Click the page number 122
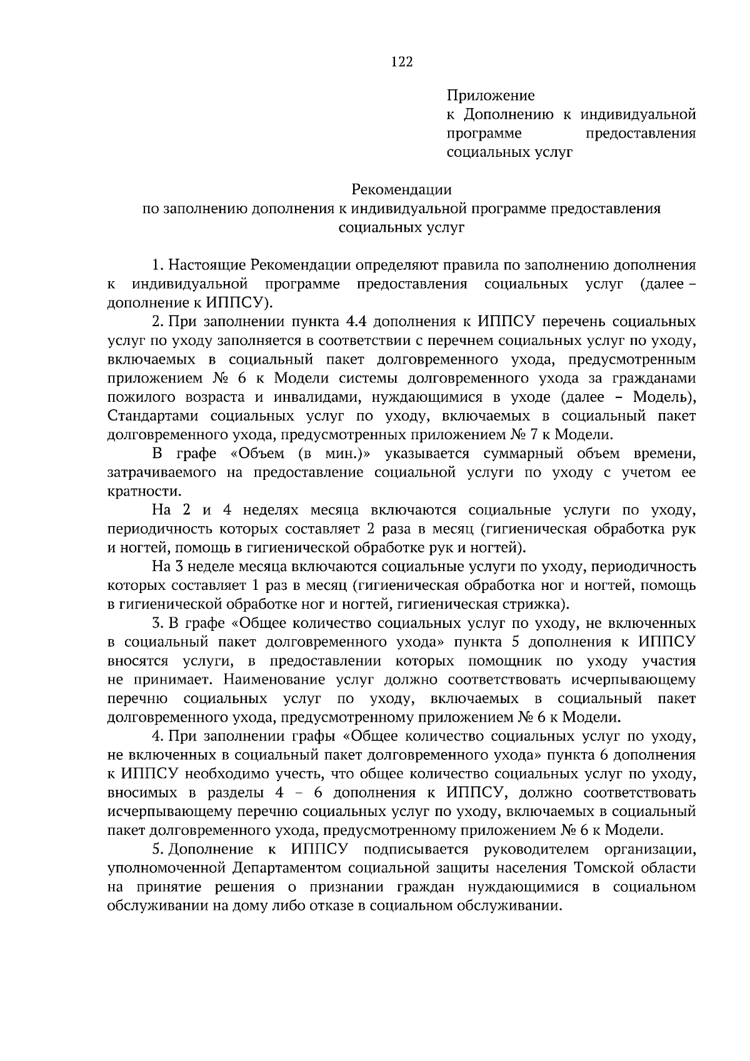[402, 61]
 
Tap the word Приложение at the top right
[491, 96]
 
